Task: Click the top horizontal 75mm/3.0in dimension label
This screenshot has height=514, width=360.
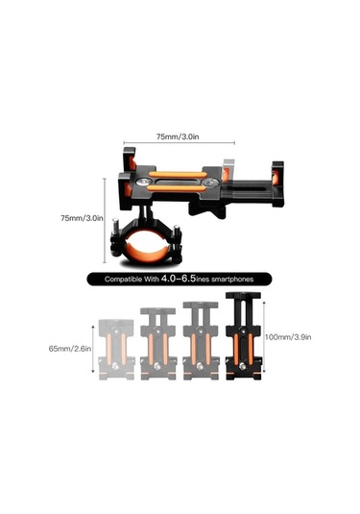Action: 178,136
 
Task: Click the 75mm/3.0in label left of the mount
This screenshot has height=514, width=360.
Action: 82,218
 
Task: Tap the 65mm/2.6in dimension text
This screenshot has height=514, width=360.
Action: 70,349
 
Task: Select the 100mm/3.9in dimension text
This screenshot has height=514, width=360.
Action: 288,336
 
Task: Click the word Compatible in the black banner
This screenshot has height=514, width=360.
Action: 124,280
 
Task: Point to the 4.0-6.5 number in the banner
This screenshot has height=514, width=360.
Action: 179,279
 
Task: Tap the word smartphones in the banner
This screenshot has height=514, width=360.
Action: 232,280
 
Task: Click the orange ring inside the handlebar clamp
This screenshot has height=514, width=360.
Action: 147,256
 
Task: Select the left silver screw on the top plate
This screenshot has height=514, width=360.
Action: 144,182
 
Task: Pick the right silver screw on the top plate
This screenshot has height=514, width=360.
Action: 209,183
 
